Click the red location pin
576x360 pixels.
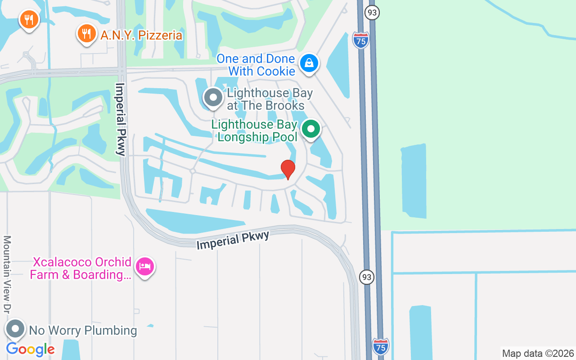(x=288, y=169)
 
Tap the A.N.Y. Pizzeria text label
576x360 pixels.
(x=141, y=35)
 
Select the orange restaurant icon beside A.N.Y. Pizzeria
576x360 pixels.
(x=86, y=33)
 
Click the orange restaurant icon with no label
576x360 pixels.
(x=29, y=19)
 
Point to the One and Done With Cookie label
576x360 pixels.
(x=256, y=65)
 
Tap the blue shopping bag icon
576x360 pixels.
(x=309, y=63)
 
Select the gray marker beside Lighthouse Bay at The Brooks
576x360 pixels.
(x=213, y=97)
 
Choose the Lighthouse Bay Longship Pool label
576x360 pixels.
(x=255, y=130)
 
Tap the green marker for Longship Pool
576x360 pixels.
(x=310, y=130)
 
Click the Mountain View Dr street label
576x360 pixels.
(x=7, y=274)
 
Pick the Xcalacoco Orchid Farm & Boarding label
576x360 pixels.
(x=81, y=268)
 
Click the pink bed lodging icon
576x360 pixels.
(x=145, y=266)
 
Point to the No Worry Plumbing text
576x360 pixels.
(x=83, y=330)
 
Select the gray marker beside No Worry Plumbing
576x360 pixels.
(x=16, y=329)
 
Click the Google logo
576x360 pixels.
(x=30, y=349)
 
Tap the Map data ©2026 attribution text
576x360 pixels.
(x=538, y=353)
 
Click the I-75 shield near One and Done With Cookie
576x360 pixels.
(x=361, y=40)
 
